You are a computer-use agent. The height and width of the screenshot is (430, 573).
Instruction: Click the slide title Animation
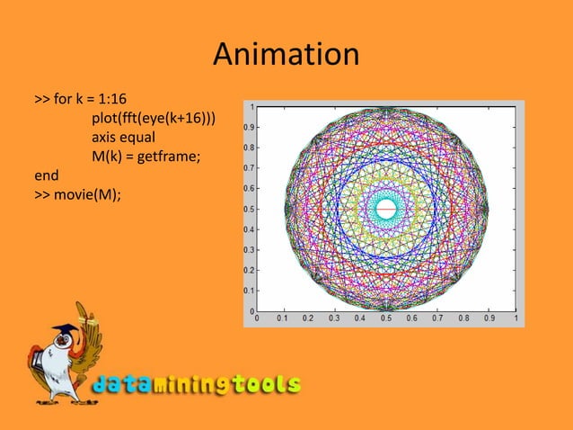tap(286, 55)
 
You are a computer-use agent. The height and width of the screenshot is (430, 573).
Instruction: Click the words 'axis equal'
tap(123, 138)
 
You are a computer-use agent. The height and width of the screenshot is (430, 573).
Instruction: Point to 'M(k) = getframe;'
tap(145, 157)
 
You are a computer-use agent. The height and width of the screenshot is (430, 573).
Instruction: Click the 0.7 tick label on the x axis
tap(438, 318)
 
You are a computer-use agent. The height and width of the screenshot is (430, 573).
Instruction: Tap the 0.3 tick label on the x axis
tap(334, 318)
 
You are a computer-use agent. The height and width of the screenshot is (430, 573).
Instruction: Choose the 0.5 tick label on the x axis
tap(386, 318)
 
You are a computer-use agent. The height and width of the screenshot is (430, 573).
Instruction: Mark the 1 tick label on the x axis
tap(516, 318)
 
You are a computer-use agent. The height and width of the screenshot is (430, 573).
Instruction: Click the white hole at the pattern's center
tap(386, 209)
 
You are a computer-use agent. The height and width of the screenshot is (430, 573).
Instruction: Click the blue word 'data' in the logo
tap(121, 385)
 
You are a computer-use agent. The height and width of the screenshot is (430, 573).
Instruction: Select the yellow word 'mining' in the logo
tap(190, 385)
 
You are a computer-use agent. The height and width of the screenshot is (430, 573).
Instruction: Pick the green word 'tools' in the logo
tap(264, 385)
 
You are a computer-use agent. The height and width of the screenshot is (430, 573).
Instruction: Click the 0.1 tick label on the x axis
tap(282, 318)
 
